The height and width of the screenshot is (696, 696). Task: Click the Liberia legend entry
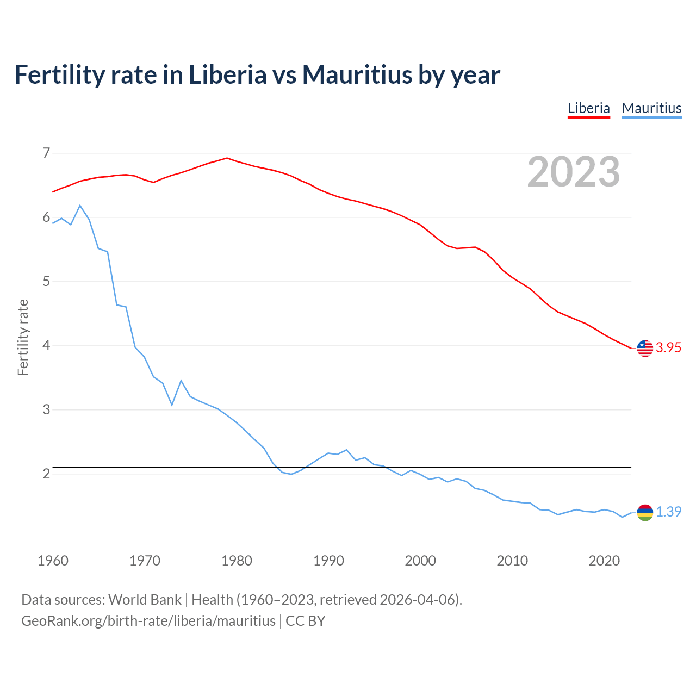pyautogui.click(x=588, y=108)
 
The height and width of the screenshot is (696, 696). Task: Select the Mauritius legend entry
pyautogui.click(x=651, y=108)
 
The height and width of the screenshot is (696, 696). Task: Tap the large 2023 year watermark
pyautogui.click(x=573, y=172)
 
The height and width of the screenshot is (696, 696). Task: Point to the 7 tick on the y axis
pyautogui.click(x=46, y=153)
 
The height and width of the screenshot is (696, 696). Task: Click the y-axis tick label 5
pyautogui.click(x=46, y=281)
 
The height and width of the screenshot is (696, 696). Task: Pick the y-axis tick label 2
pyautogui.click(x=46, y=474)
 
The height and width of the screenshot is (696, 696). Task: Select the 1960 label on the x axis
pyautogui.click(x=53, y=561)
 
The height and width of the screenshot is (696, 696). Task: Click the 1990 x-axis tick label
pyautogui.click(x=328, y=561)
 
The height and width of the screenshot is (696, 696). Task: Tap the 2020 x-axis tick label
pyautogui.click(x=604, y=561)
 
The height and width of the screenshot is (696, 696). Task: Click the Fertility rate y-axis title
pyautogui.click(x=23, y=337)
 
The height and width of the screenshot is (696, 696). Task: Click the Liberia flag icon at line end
pyautogui.click(x=645, y=348)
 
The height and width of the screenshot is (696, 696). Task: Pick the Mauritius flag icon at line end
pyautogui.click(x=645, y=512)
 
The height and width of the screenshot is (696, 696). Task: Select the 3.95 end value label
pyautogui.click(x=668, y=348)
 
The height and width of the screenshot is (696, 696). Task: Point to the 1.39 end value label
pyautogui.click(x=668, y=512)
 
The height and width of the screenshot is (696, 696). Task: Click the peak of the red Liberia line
pyautogui.click(x=227, y=158)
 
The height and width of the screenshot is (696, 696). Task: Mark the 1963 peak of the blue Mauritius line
pyautogui.click(x=80, y=206)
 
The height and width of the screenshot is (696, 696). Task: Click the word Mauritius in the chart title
pyautogui.click(x=357, y=74)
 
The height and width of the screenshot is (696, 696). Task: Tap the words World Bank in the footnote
pyautogui.click(x=145, y=600)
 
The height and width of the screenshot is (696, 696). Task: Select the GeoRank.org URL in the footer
pyautogui.click(x=148, y=621)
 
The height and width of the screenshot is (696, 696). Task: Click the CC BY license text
pyautogui.click(x=306, y=621)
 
